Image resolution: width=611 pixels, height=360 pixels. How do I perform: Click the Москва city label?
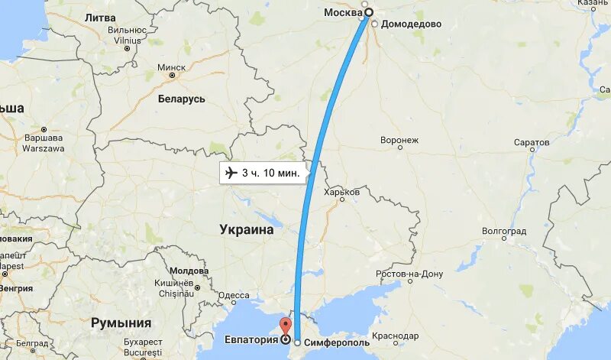point(341,12)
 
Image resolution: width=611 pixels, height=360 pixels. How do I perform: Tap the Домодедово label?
point(412,24)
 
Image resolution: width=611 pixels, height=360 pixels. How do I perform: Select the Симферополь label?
point(337,342)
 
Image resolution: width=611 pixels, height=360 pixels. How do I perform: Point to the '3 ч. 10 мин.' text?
point(270,174)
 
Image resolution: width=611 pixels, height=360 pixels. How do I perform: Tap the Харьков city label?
point(341,192)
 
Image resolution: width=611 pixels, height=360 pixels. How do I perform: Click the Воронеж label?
point(399,140)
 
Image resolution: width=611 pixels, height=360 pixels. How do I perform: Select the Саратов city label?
point(532,143)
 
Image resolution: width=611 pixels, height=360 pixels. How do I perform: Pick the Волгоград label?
point(504,230)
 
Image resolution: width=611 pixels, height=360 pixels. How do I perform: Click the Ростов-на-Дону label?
point(409,274)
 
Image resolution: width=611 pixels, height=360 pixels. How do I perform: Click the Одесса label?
point(234,295)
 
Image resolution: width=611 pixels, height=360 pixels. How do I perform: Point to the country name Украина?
point(246,229)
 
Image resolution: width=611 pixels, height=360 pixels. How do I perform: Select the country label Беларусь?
point(182,99)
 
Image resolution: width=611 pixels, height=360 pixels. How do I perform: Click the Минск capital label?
point(171,67)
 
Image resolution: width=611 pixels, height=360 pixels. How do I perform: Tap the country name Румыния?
point(121,323)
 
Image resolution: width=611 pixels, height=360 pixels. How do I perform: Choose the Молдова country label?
point(189,271)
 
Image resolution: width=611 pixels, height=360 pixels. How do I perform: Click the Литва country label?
point(101,17)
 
